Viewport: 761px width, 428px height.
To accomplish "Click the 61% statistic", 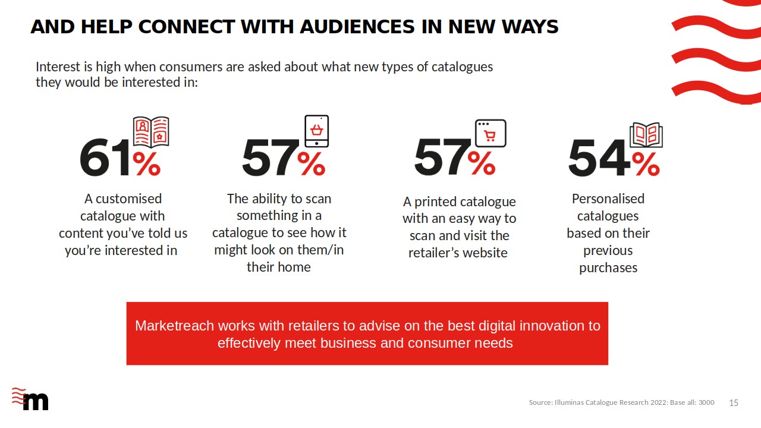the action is pos(120,158).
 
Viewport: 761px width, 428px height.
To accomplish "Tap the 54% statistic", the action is pos(614,158).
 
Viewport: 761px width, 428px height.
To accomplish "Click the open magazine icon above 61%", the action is pos(151,132).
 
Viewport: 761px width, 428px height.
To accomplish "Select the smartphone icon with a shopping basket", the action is pos(317,131).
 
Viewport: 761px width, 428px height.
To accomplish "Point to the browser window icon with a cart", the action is pos(490,133).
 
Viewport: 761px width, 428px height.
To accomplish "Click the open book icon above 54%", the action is pos(646,135).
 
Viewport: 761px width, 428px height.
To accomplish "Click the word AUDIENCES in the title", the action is pos(357,27).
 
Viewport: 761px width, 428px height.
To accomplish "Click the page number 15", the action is pos(734,403).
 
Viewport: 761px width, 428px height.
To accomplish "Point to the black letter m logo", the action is pos(36,401).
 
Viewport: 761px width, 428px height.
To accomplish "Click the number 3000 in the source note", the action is pos(706,402).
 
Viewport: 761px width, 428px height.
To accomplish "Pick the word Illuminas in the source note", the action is pos(569,402).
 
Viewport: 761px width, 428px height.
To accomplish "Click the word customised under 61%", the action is pos(129,199).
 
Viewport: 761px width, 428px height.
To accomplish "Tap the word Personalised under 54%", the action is pos(608,199).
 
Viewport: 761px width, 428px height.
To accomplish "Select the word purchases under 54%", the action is pos(608,268).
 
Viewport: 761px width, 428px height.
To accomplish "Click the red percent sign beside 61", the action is pos(147,163).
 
